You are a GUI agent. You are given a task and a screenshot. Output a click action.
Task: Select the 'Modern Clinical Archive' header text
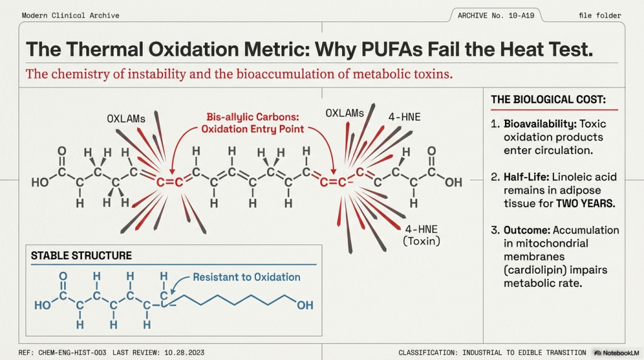tap(70, 15)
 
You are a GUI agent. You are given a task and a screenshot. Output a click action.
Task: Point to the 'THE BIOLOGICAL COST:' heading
tap(548, 99)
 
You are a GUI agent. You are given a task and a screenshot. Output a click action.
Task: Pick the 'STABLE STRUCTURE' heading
tap(82, 256)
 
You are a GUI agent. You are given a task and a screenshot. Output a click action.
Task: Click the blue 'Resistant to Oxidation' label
tap(247, 277)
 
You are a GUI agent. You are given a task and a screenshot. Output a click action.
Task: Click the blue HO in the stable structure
tap(43, 306)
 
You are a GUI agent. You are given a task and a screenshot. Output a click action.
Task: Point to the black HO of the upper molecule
tap(40, 183)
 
